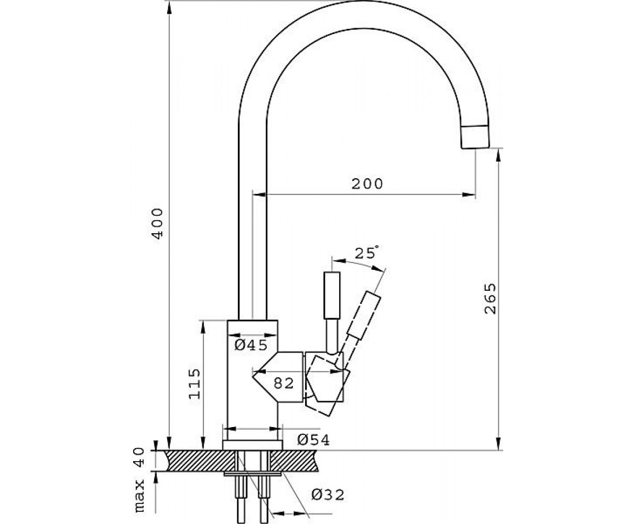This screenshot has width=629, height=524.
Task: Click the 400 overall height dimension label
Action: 157,223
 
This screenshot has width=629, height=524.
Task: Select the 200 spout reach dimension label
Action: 367,184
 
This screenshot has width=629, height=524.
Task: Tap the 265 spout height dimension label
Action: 490,299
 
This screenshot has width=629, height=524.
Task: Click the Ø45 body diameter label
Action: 251,345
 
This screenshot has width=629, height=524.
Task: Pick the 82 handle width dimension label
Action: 284,383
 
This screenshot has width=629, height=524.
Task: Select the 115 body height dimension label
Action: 194,384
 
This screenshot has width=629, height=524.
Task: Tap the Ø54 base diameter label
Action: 313,440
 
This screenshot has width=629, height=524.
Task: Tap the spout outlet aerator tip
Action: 475,137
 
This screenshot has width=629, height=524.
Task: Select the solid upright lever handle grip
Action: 332,296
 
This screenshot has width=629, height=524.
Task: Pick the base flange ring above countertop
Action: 253,445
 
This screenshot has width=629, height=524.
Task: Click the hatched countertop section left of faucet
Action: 198,461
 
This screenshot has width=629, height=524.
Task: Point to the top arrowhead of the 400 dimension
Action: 169,9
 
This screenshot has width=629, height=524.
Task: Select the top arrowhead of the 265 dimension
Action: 498,156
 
